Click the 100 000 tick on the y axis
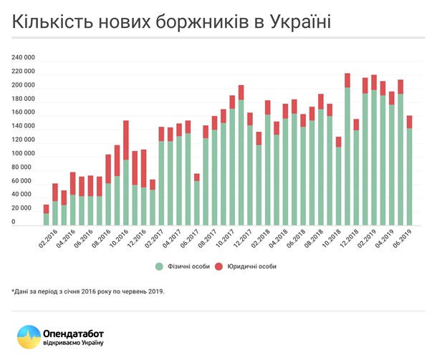(24, 154)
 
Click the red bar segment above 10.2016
(125, 140)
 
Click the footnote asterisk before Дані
(13, 291)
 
